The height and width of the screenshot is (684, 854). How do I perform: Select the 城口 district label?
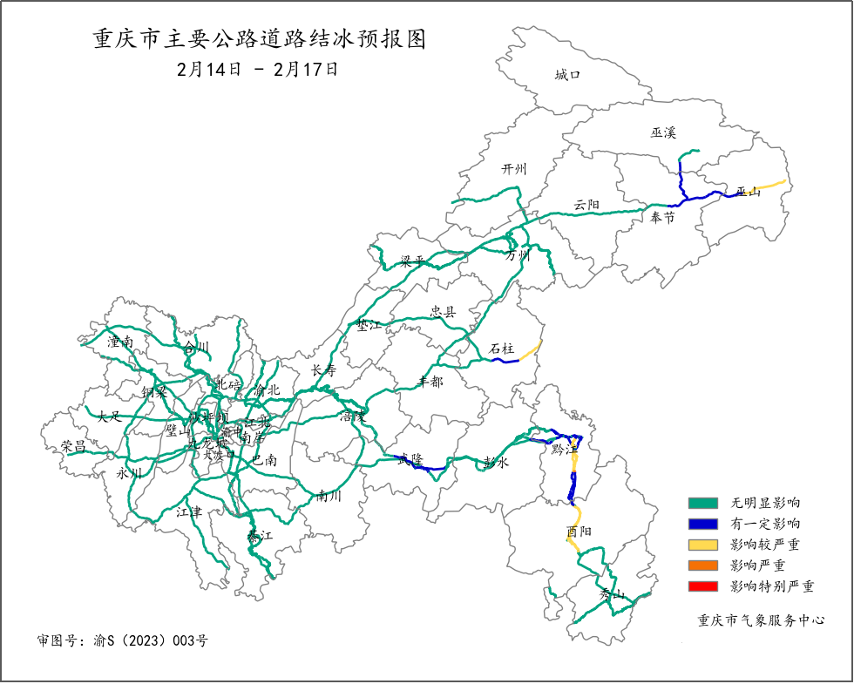567,75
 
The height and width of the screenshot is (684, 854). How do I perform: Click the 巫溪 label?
663,132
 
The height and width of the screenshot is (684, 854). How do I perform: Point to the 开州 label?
514,169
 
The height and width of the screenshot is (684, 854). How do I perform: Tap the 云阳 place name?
586,206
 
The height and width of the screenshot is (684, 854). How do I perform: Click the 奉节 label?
663,218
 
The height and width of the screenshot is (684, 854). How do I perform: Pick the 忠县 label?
444,311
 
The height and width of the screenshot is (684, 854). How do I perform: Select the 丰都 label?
430,382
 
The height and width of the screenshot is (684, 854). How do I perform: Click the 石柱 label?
501,349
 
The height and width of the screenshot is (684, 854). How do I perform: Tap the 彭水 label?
495,463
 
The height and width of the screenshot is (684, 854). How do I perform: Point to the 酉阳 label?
579,532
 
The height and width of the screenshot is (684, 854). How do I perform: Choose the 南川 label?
329,496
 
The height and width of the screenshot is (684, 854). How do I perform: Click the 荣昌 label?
73,446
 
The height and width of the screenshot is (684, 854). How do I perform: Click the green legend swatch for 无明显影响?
702,503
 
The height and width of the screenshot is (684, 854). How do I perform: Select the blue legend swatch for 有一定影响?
702,524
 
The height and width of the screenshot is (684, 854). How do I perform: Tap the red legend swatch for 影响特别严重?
702,586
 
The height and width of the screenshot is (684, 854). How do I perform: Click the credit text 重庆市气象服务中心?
761,620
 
